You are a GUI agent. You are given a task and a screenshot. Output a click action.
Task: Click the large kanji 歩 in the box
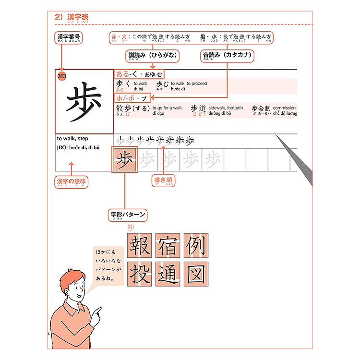pos(84,101)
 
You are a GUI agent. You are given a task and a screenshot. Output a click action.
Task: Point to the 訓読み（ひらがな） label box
pos(151,56)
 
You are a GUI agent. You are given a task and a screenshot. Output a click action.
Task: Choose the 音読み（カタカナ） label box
pos(227,56)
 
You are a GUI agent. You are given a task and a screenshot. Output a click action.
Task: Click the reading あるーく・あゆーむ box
pos(139,74)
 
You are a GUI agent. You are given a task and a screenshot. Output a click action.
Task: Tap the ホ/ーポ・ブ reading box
pos(132,97)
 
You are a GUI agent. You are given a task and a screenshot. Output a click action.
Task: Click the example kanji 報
pos(139,245)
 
